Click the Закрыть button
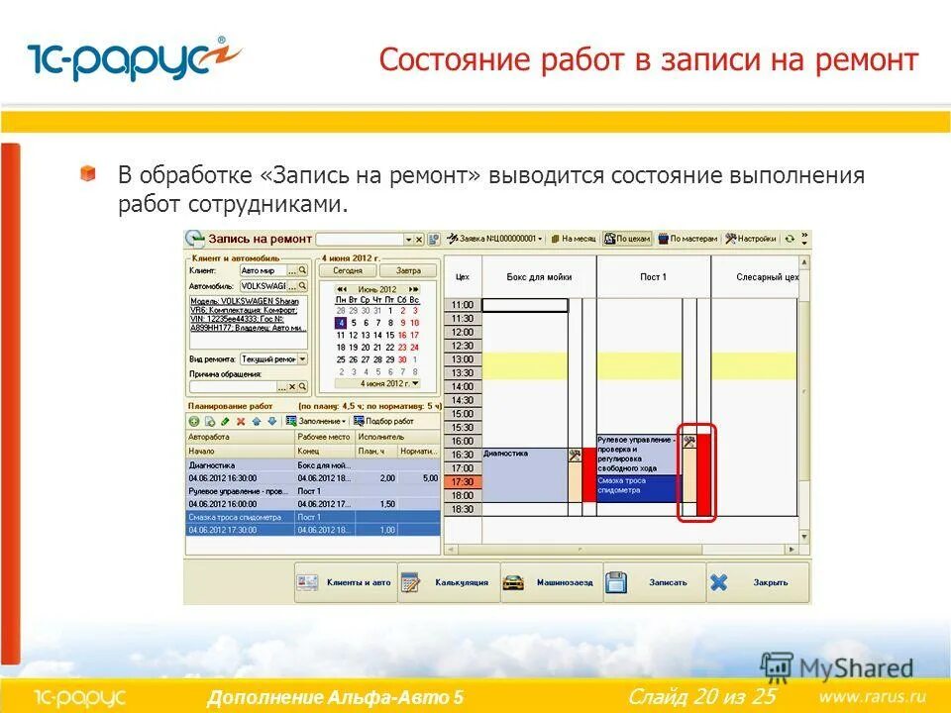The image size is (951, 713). click(758, 582)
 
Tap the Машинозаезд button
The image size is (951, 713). click(552, 582)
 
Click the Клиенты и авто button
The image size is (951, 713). click(346, 582)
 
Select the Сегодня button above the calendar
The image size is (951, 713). click(347, 270)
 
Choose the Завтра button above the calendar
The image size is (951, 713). click(408, 270)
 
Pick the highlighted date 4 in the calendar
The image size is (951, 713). click(340, 322)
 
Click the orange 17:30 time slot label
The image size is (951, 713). click(463, 481)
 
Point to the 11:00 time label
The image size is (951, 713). click(463, 305)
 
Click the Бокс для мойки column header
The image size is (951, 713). click(538, 276)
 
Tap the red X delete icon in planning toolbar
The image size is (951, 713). click(241, 421)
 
